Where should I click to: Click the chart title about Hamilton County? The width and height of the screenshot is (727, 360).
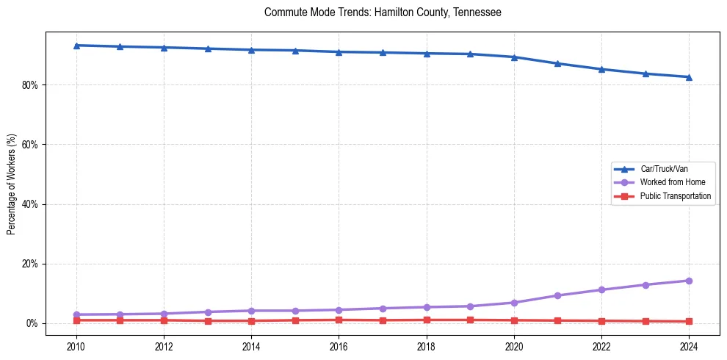(x=383, y=12)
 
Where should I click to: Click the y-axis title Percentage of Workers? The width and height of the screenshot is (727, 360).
(x=12, y=184)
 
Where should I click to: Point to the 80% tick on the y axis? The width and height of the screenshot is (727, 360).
(x=30, y=85)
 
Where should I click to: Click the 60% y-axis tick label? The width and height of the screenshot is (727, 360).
(x=30, y=145)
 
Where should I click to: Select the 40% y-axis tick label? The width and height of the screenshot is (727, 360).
(x=30, y=204)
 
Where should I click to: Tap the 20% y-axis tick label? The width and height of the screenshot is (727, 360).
(x=30, y=264)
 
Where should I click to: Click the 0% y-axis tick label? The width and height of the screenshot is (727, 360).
(x=32, y=323)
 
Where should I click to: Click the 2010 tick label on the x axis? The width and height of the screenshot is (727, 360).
(x=76, y=346)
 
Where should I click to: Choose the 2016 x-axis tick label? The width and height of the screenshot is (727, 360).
(x=339, y=346)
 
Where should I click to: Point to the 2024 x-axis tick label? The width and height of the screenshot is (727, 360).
(x=689, y=346)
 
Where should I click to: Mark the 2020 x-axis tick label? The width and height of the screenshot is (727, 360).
(x=514, y=346)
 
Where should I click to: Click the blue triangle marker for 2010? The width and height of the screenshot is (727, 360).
(x=76, y=46)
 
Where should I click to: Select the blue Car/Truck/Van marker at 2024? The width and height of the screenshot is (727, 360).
(x=689, y=77)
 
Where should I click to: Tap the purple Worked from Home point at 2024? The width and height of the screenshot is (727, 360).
(x=689, y=281)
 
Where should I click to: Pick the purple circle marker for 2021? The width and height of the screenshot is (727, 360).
(x=557, y=295)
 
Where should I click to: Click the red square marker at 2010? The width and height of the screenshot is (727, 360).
(x=76, y=320)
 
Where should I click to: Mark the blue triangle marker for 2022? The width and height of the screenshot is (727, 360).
(x=601, y=69)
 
